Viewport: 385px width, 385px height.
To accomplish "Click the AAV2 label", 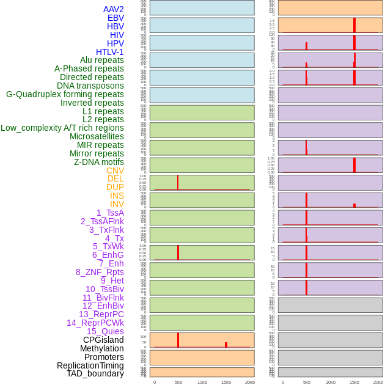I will tap(113, 9).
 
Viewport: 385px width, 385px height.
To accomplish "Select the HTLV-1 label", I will tap(109, 52).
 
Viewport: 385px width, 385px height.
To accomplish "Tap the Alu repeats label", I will tap(101, 61).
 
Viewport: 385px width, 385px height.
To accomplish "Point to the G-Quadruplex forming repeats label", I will tap(65, 94).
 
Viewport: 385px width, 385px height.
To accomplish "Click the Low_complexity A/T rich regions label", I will tap(62, 128).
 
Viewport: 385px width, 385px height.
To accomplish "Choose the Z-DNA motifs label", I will tap(98, 162).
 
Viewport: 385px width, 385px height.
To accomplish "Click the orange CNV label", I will tap(115, 170).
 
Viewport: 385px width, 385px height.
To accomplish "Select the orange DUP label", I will tap(115, 187).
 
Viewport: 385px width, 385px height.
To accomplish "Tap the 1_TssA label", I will tap(110, 213).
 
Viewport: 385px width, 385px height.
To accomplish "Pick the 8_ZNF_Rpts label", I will tap(100, 272).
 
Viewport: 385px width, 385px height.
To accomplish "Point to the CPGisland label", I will tap(103, 340).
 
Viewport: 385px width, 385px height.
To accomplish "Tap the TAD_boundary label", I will tap(95, 373).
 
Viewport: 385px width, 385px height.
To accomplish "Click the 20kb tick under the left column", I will tap(249, 382).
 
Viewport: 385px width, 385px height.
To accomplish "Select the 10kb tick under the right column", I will tap(330, 382).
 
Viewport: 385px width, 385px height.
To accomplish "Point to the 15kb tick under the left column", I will tap(226, 382).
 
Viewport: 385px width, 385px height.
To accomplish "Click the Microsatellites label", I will tap(97, 136).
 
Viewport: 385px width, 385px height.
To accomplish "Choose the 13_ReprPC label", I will tap(101, 314).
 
